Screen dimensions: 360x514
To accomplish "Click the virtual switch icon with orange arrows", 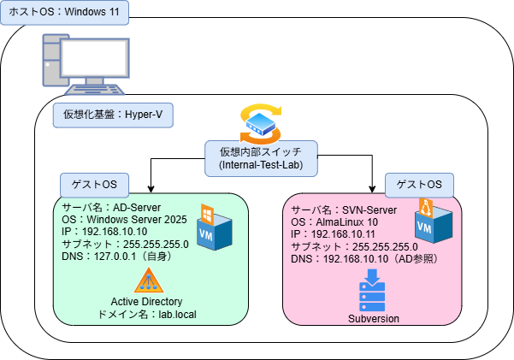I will (x=261, y=123).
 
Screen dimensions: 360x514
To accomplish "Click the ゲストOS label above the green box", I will (x=94, y=185).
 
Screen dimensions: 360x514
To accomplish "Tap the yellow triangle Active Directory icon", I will (x=148, y=280).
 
